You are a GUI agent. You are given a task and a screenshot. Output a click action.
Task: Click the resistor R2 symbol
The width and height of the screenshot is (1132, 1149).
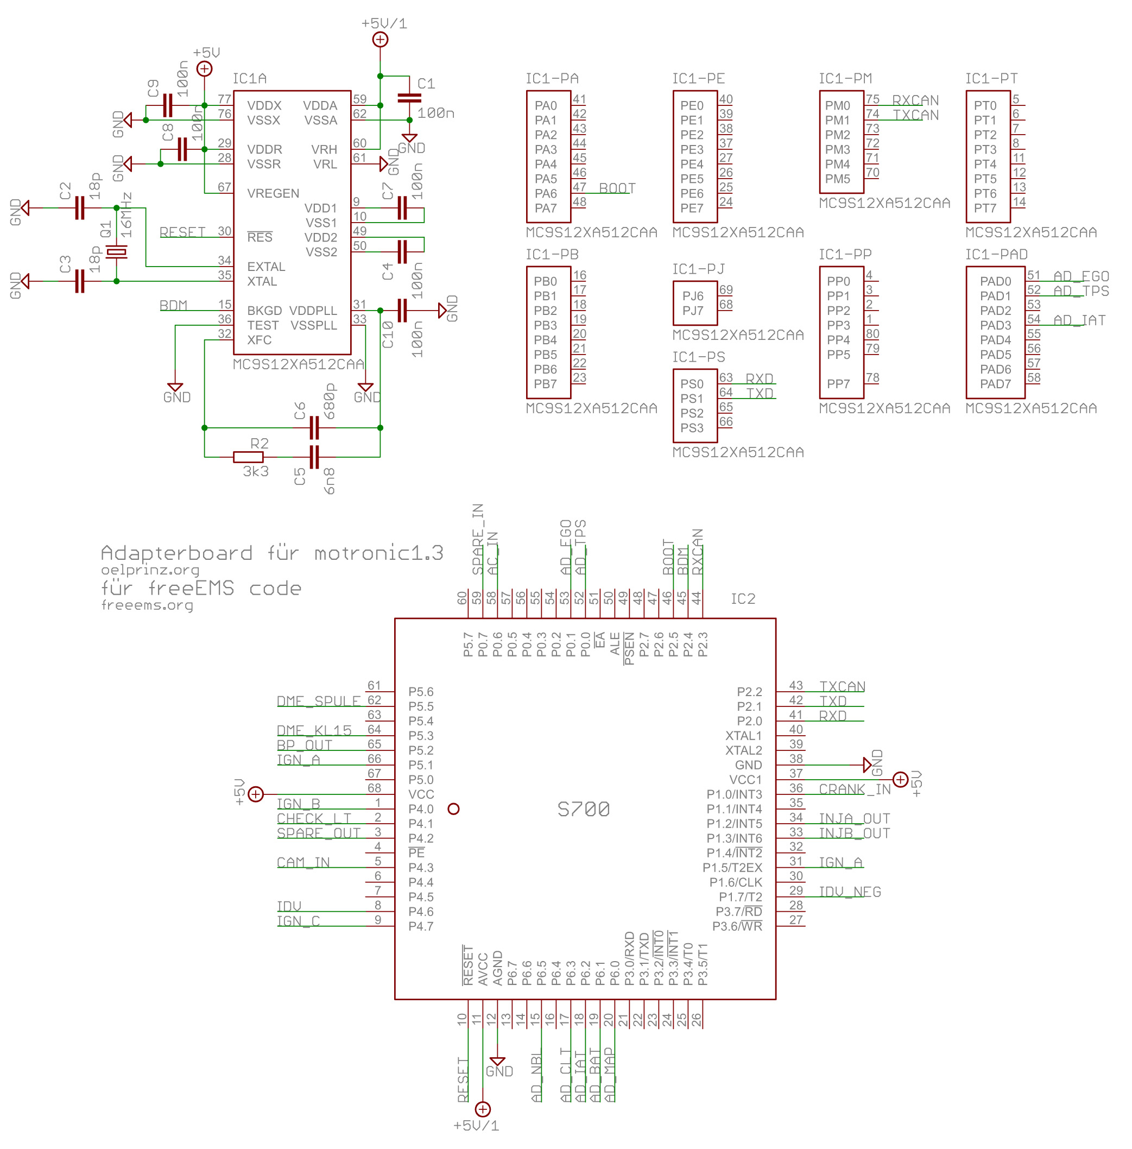pyautogui.click(x=248, y=457)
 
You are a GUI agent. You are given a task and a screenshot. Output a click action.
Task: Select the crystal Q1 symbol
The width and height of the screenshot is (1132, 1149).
pyautogui.click(x=117, y=252)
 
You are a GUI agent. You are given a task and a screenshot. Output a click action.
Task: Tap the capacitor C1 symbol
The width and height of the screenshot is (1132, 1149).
pyautogui.click(x=409, y=98)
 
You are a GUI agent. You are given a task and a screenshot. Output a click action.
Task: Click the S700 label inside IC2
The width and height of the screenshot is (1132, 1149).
pyautogui.click(x=583, y=809)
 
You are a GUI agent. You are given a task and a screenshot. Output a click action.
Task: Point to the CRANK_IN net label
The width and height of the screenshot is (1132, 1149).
pyautogui.click(x=855, y=788)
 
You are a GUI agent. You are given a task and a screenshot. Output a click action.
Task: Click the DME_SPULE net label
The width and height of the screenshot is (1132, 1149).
pyautogui.click(x=319, y=700)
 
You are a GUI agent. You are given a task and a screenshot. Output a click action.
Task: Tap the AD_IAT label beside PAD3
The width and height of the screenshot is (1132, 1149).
pyautogui.click(x=1079, y=320)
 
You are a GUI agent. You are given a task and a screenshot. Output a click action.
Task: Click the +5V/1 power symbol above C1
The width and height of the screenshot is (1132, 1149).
pyautogui.click(x=380, y=39)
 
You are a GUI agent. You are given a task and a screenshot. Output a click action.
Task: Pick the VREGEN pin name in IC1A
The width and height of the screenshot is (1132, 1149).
pyautogui.click(x=273, y=193)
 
